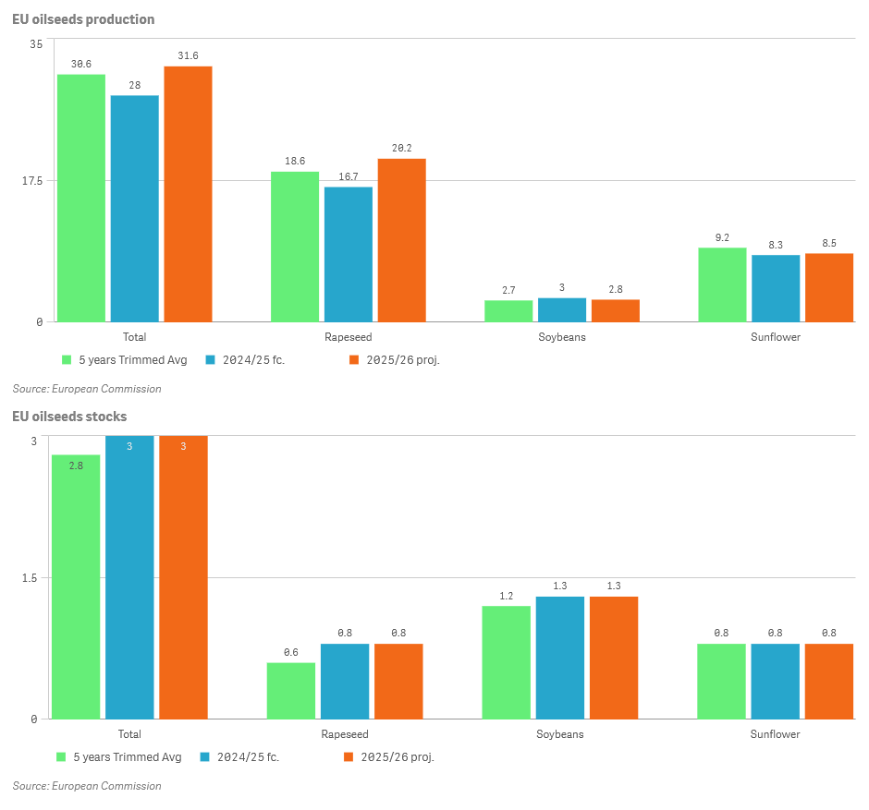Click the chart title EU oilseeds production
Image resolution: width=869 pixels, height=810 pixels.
coord(83,19)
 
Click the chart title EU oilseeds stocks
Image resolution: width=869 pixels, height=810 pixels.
coord(69,417)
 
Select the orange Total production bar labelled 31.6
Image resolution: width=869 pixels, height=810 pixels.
coord(188,194)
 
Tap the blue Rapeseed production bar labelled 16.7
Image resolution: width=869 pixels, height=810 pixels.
coord(349,254)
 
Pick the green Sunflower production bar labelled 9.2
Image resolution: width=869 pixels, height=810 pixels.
coord(722,284)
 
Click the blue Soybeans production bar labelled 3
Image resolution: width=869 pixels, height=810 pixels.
coord(562,309)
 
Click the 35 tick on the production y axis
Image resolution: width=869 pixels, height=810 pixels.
coord(36,44)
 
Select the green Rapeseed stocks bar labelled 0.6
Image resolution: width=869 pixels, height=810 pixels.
coord(291,690)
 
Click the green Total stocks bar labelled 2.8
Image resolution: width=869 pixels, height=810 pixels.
coord(76,586)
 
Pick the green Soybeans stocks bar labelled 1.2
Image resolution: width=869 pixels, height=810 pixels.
coord(507,662)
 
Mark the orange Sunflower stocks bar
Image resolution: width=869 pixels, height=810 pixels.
coord(829,681)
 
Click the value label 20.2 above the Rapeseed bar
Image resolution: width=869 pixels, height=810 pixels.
coord(401,148)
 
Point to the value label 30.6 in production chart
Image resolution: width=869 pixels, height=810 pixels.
coord(81,64)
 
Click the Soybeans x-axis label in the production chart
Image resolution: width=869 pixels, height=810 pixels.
coord(562,337)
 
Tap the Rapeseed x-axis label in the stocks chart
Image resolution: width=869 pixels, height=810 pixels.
coord(345,734)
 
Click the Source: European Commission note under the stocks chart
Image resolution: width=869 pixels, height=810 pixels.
coord(87,786)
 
